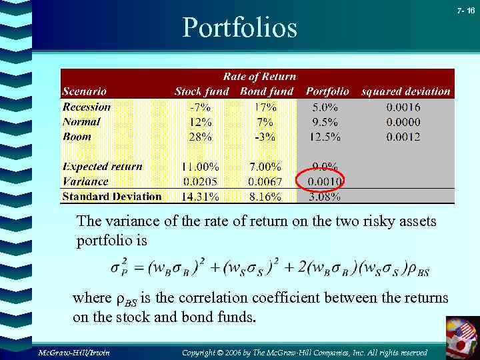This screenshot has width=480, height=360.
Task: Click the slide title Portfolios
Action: (240, 27)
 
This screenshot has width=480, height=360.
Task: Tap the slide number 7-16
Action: (466, 11)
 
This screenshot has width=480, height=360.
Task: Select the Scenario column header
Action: (84, 91)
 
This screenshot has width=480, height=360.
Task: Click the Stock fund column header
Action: (201, 91)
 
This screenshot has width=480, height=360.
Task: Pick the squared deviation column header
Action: (405, 91)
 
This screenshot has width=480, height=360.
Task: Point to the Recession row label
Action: (87, 107)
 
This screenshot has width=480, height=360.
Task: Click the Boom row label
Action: (77, 136)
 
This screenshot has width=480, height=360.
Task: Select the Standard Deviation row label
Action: (111, 196)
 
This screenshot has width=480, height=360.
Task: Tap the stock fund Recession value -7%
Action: (201, 107)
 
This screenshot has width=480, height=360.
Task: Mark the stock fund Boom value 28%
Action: (201, 137)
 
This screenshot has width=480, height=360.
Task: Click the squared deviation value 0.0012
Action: (403, 137)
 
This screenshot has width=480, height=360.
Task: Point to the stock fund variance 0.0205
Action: (200, 181)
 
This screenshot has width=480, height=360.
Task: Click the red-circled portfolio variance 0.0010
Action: (326, 181)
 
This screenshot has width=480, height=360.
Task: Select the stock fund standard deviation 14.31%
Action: (199, 197)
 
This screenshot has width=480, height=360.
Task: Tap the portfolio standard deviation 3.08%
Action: (325, 197)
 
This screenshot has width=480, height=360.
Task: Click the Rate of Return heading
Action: (259, 77)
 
